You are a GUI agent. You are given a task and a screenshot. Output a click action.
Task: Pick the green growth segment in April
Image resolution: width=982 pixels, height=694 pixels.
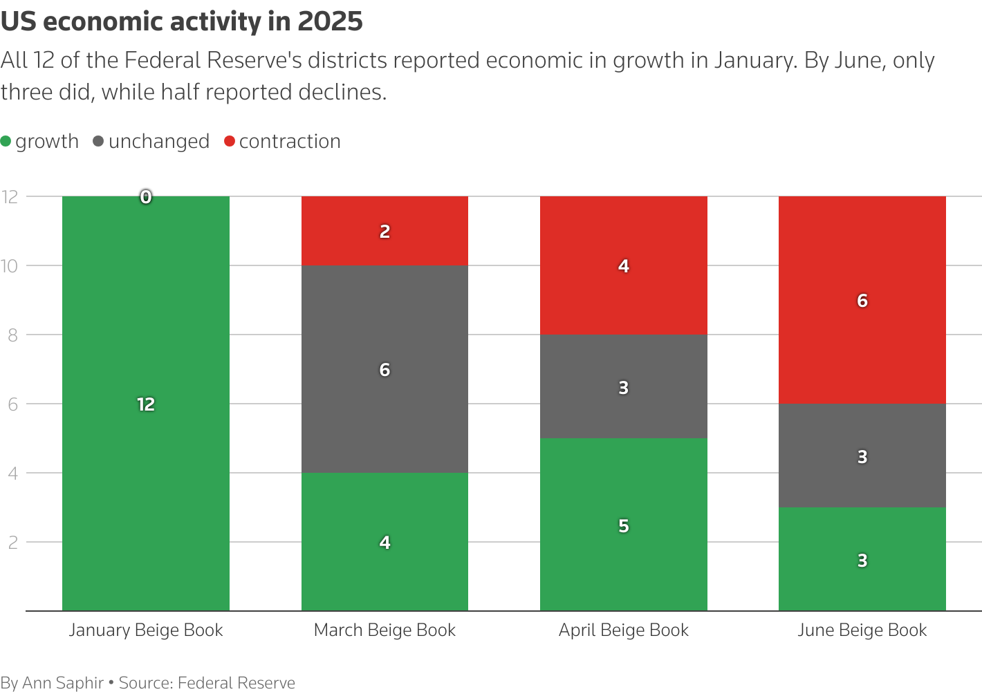pyautogui.click(x=623, y=553)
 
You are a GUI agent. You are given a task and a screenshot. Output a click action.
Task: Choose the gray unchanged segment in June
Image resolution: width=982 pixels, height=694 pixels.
pyautogui.click(x=862, y=435)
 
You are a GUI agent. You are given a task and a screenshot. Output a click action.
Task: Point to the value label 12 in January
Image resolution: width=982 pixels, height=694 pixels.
pyautogui.click(x=145, y=404)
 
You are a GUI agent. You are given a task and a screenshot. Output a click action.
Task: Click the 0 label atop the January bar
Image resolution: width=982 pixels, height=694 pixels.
pyautogui.click(x=145, y=197)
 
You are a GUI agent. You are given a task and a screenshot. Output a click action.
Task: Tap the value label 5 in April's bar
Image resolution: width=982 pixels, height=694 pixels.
pyautogui.click(x=623, y=526)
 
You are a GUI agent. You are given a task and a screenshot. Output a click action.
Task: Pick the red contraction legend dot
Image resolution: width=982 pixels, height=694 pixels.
pyautogui.click(x=230, y=142)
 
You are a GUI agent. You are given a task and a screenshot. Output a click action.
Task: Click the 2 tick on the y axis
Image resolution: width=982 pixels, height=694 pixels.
pyautogui.click(x=12, y=542)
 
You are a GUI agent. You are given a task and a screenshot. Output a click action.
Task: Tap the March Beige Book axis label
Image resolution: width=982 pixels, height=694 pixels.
pyautogui.click(x=385, y=630)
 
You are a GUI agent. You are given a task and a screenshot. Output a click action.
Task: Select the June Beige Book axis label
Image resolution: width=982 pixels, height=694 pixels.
pyautogui.click(x=862, y=630)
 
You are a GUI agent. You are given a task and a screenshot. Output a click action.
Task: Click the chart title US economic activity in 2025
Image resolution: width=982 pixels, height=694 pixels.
pyautogui.click(x=181, y=22)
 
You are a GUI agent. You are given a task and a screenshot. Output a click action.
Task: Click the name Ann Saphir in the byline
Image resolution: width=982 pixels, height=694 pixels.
pyautogui.click(x=63, y=683)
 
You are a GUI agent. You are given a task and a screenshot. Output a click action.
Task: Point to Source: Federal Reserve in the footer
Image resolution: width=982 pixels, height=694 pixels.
pyautogui.click(x=207, y=683)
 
